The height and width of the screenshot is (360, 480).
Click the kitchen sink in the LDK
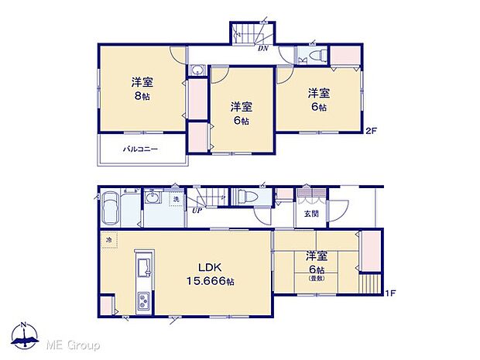[x=144, y=269]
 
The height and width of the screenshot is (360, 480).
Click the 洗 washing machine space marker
[x=176, y=201]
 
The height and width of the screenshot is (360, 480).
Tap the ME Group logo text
[x=76, y=344]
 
